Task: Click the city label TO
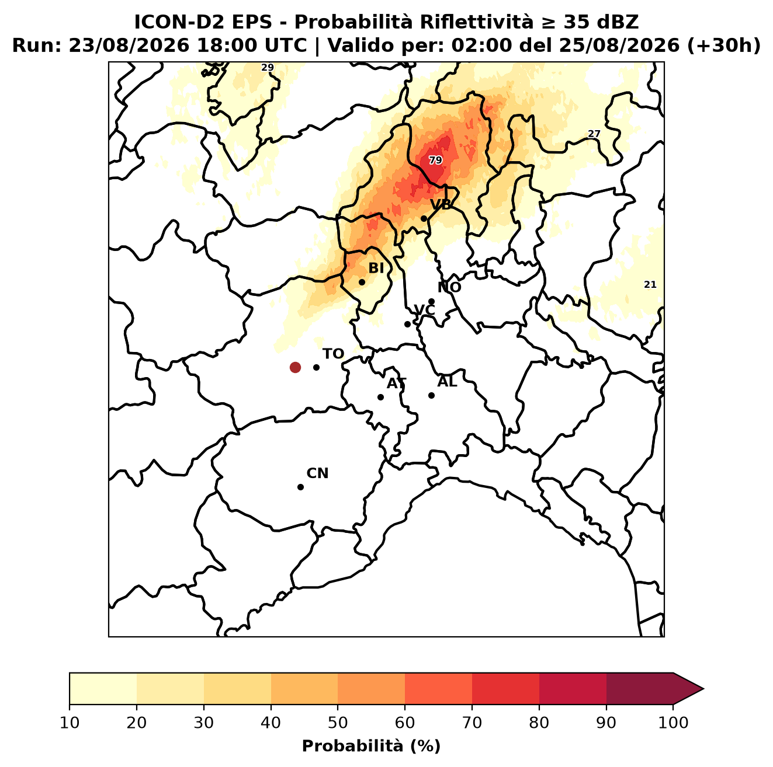pos(333,354)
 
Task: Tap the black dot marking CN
pos(300,487)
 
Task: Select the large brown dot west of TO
pos(295,367)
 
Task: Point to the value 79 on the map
pos(435,161)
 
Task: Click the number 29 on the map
pos(268,67)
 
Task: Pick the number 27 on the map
pos(594,134)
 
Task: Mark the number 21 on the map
pos(650,285)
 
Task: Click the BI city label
pos(376,269)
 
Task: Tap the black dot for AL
pos(431,395)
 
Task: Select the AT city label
pos(396,384)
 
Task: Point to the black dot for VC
pos(408,324)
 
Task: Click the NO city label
pos(449,287)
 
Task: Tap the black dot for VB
pos(424,218)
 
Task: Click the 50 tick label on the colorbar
pos(338,723)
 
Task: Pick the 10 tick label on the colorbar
pos(70,723)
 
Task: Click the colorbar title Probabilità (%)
pos(371,747)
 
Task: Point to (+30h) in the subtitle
pos(723,46)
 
